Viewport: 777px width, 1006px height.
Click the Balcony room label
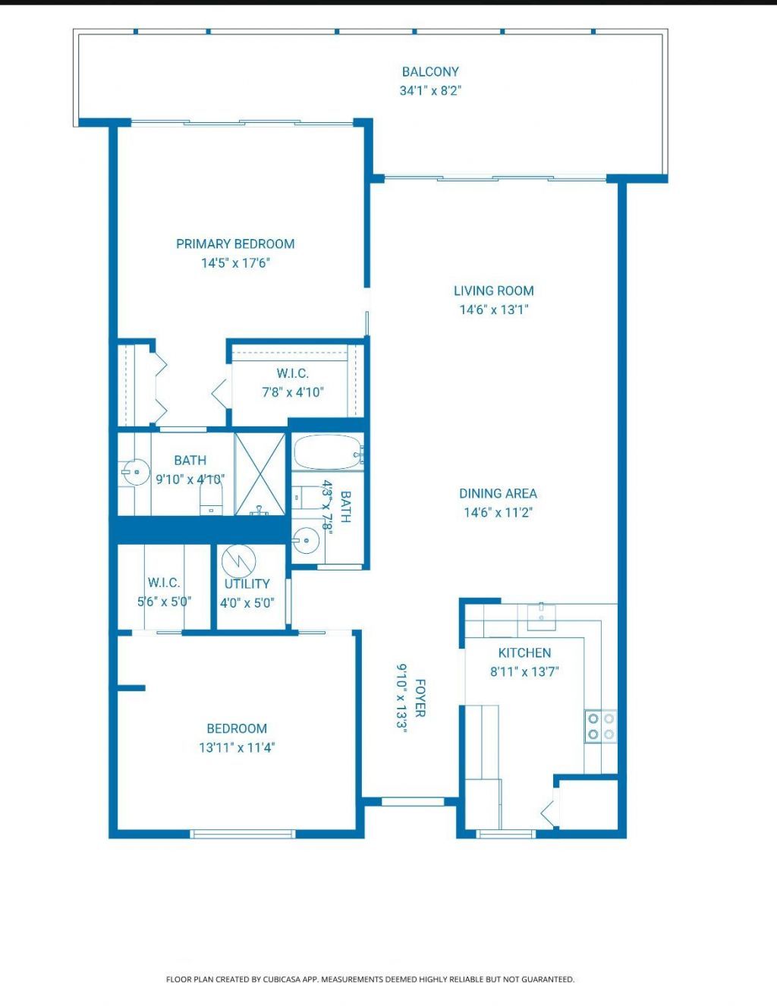click(x=430, y=72)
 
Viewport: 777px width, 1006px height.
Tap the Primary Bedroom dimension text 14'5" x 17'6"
click(x=236, y=263)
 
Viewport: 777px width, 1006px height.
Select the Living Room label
click(x=493, y=291)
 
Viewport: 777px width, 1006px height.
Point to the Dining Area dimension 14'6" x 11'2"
click(x=498, y=512)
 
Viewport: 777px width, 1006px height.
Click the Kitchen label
click(x=524, y=652)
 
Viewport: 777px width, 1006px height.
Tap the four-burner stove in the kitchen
click(x=600, y=726)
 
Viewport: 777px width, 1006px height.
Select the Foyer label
click(x=420, y=697)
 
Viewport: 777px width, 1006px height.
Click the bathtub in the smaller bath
click(x=327, y=453)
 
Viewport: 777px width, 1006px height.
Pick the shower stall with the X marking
click(x=260, y=474)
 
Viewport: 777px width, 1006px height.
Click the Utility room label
click(x=247, y=583)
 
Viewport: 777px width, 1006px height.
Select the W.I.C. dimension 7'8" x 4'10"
click(x=292, y=392)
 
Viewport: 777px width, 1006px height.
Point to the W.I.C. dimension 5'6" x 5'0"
click(x=164, y=602)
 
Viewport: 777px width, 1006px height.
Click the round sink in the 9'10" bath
click(x=135, y=472)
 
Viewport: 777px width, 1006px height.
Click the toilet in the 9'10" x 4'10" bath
click(x=211, y=501)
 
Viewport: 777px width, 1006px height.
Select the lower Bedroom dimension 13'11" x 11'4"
click(x=237, y=747)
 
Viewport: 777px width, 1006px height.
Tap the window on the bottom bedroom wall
click(x=242, y=834)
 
